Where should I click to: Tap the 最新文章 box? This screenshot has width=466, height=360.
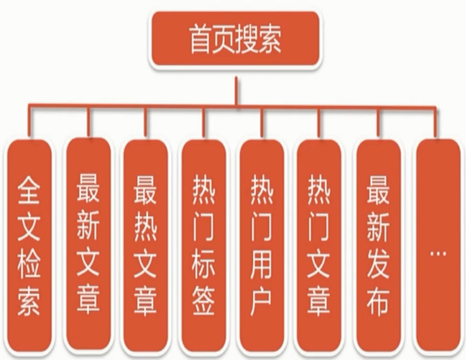tap(88, 244)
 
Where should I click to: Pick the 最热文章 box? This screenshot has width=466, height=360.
tap(146, 245)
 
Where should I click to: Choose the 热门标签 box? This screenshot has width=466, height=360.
tap(203, 245)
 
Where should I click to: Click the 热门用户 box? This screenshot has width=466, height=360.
tap(262, 245)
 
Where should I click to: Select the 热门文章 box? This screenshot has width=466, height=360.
tap(319, 245)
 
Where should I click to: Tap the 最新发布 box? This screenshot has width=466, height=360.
tap(378, 245)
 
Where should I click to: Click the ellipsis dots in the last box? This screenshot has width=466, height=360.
tap(438, 254)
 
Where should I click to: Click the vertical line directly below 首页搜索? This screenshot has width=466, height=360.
tap(237, 91)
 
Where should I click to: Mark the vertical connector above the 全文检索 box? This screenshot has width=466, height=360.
tap(29, 120)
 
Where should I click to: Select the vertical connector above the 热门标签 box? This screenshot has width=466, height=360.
tap(204, 122)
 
